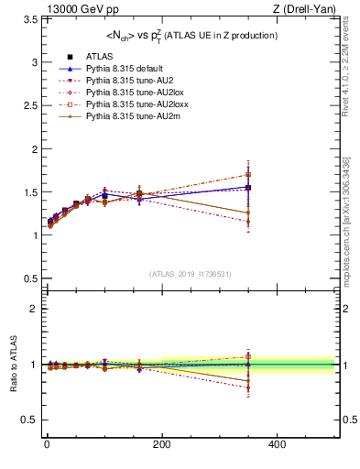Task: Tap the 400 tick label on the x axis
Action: (278, 444)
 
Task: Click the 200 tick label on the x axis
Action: (162, 444)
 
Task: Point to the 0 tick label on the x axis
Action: (47, 444)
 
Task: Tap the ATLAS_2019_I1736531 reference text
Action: (191, 274)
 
